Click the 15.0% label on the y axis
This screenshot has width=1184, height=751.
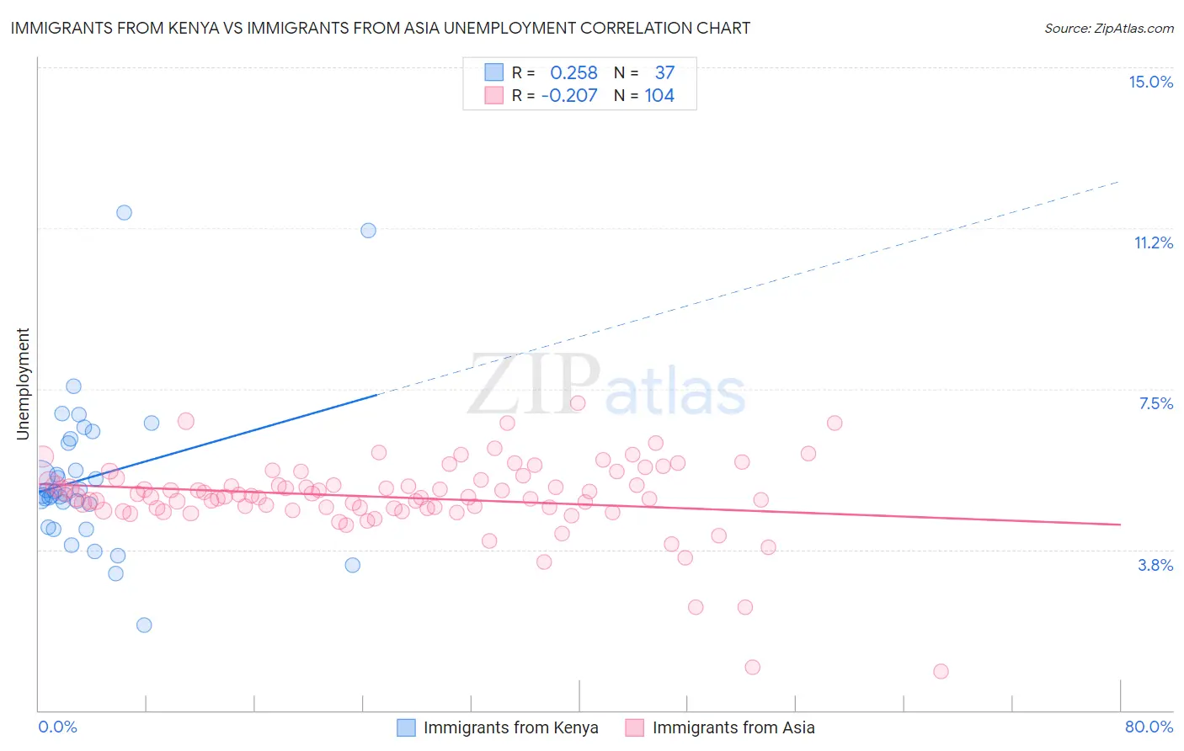tap(1150, 82)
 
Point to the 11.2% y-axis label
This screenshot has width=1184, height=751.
tap(1153, 242)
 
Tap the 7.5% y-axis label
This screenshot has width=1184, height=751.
tap(1155, 403)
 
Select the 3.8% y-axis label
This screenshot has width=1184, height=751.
tap(1155, 565)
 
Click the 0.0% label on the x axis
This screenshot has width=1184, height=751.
tap(57, 727)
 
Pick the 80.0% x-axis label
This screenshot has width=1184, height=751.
tap(1149, 727)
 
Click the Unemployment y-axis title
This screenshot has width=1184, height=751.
tap(23, 384)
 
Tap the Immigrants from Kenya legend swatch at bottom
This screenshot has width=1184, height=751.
tap(406, 727)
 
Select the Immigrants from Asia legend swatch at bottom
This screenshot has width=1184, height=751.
tap(635, 727)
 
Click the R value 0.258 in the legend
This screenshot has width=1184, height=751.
tap(573, 73)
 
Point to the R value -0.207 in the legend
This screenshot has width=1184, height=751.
tap(569, 96)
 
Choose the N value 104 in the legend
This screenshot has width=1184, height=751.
tap(659, 96)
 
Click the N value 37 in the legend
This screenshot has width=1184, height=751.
tap(664, 73)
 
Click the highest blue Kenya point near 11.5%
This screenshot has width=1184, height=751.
tap(124, 212)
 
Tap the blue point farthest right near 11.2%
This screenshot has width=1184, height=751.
tap(368, 230)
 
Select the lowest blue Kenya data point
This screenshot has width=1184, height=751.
tap(144, 625)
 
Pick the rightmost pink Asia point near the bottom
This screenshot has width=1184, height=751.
tap(941, 671)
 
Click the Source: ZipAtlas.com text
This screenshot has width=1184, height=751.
tap(1108, 28)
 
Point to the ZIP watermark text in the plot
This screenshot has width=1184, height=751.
tap(534, 385)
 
